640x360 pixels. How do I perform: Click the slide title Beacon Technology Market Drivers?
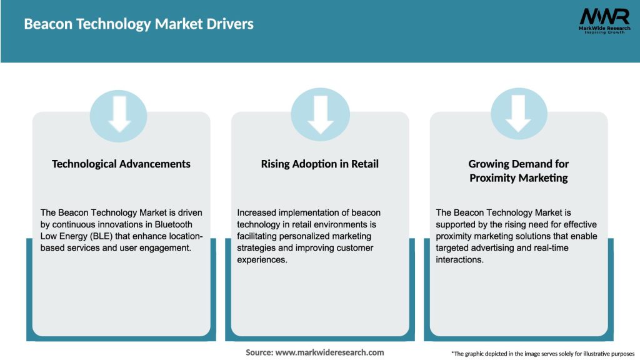[x=139, y=24]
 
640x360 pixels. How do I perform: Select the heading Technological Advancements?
[x=121, y=164]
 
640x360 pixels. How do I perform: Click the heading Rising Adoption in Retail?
[x=320, y=164]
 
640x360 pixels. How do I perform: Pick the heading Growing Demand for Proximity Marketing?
[x=518, y=171]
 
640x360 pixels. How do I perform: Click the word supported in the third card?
[x=457, y=224]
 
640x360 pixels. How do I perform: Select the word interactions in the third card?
[x=459, y=259]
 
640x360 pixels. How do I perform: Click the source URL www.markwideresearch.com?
[x=330, y=352]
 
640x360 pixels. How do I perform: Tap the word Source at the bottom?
[x=259, y=352]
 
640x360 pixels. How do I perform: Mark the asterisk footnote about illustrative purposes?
[x=542, y=354]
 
